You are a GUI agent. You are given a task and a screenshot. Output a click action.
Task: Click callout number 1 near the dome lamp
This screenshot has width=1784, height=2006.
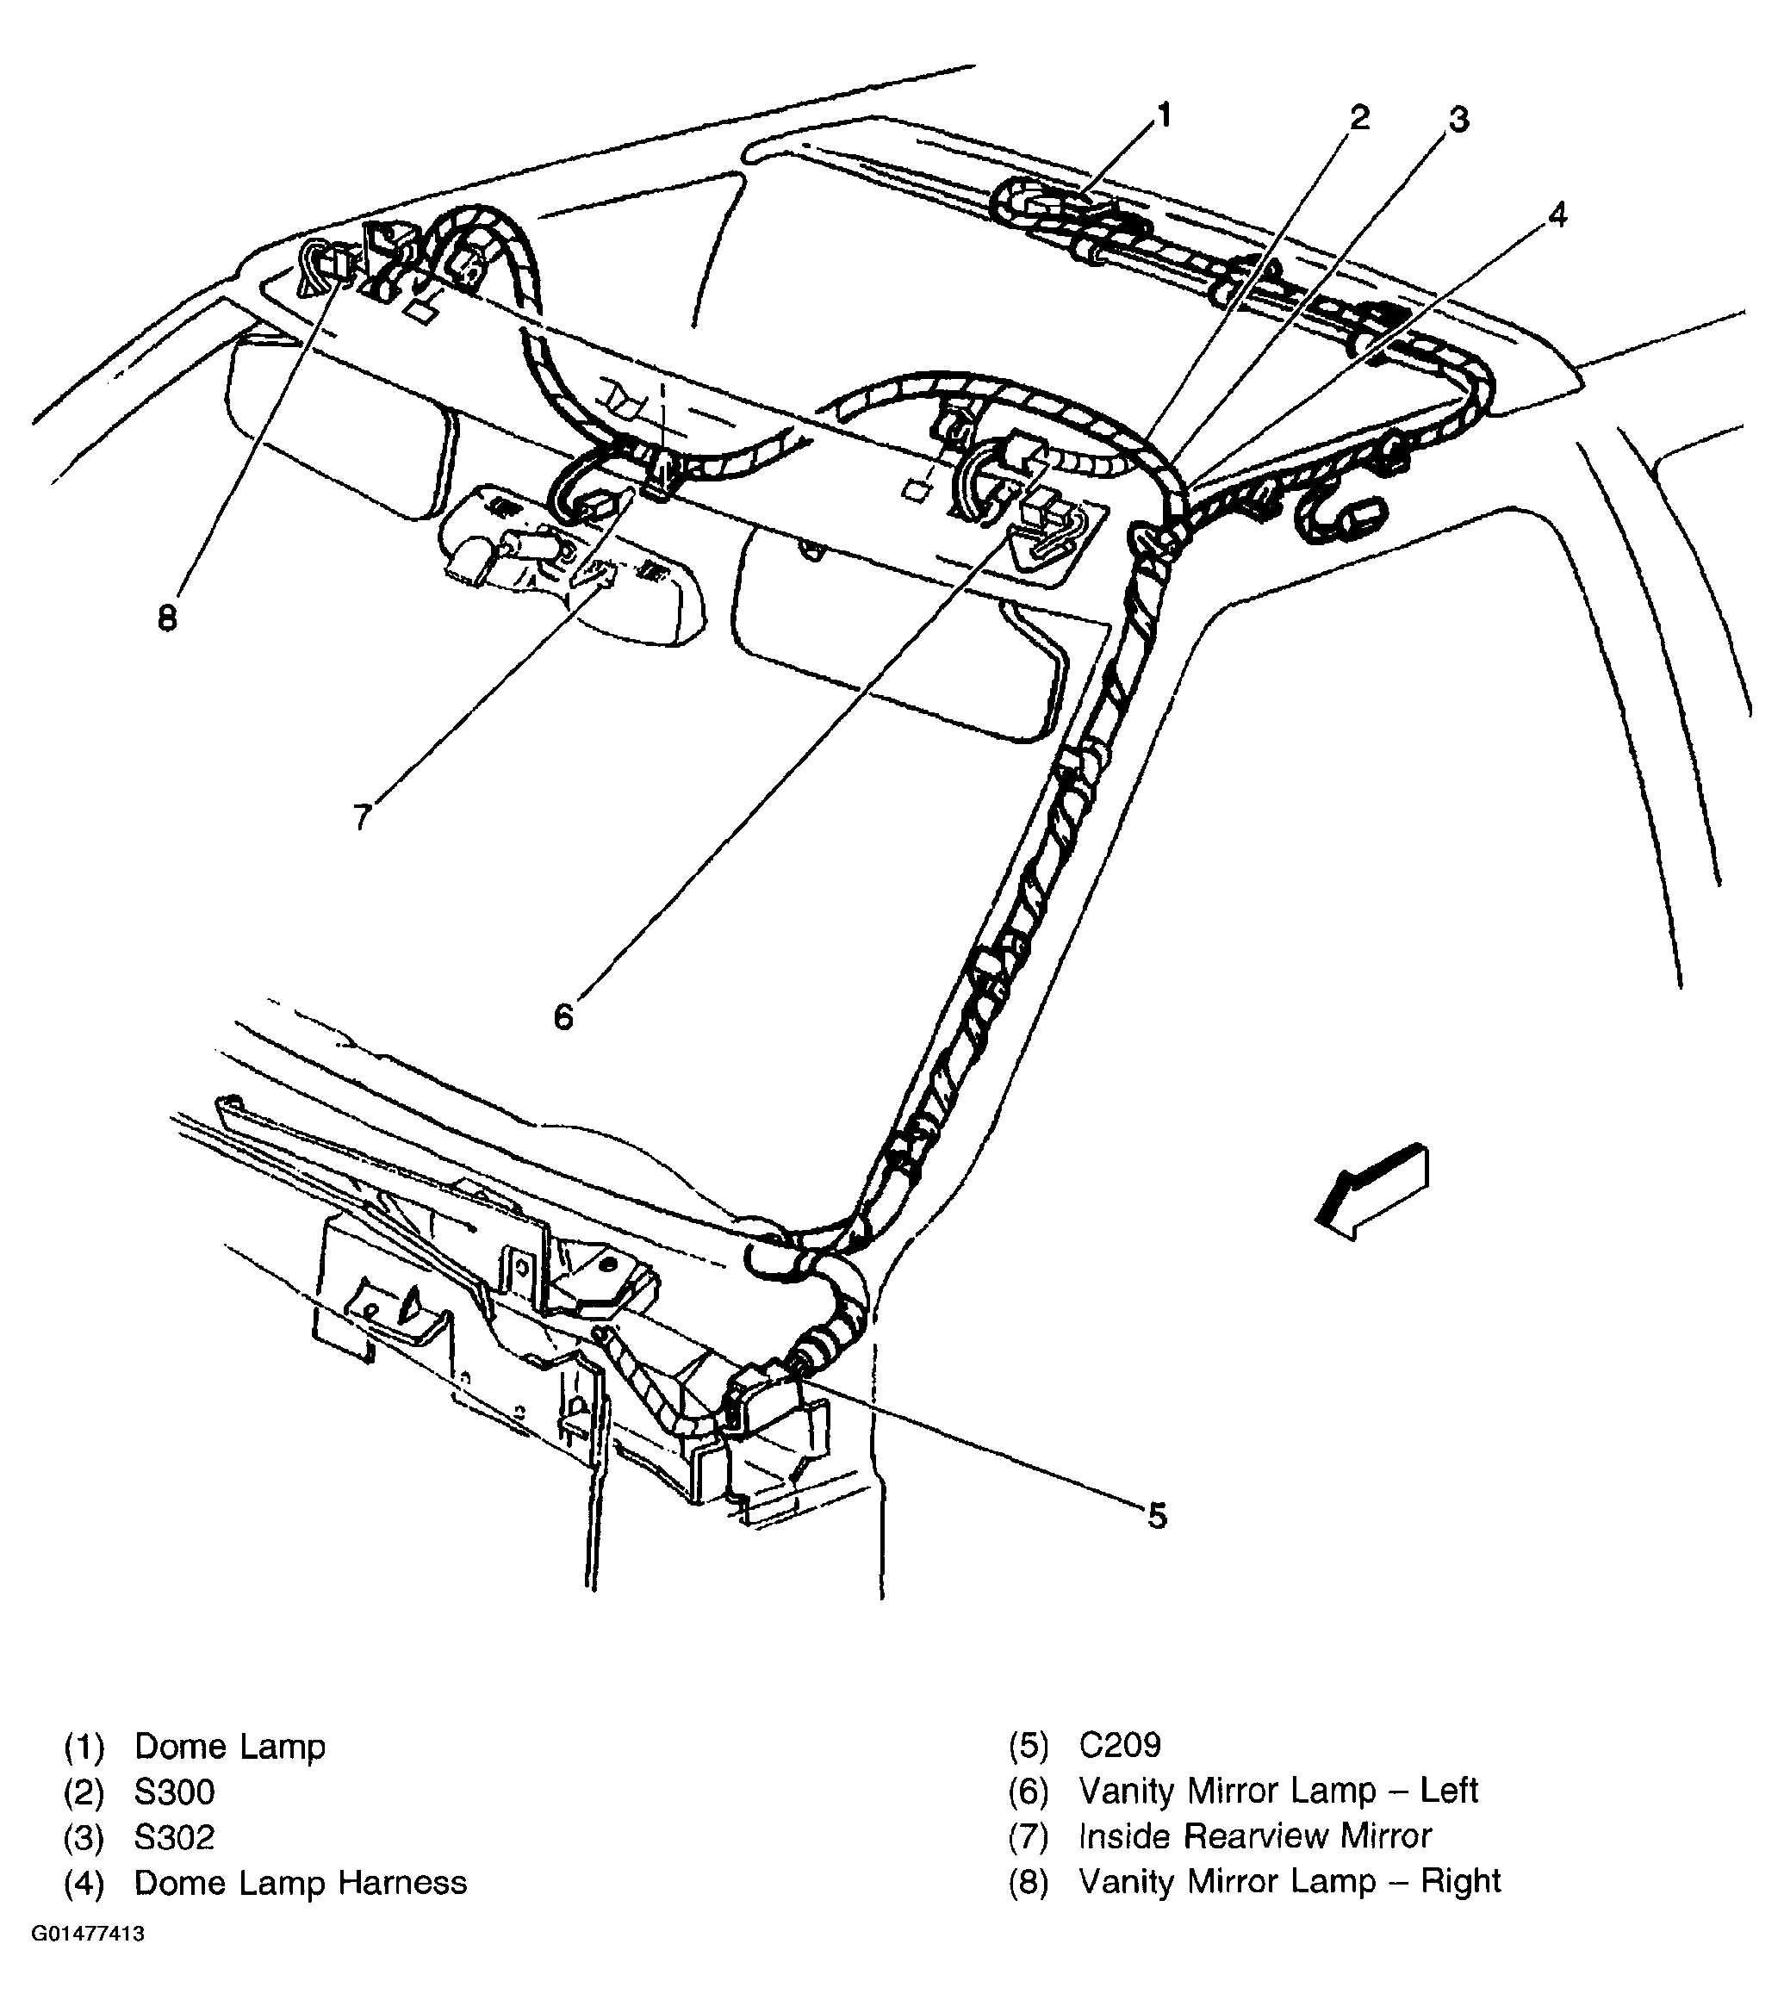point(1165,117)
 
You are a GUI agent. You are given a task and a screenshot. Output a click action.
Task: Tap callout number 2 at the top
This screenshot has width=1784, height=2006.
point(1359,118)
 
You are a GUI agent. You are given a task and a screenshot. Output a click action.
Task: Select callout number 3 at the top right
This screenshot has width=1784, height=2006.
point(1459,120)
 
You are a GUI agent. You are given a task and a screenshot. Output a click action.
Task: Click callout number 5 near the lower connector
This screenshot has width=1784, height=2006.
point(1158,1516)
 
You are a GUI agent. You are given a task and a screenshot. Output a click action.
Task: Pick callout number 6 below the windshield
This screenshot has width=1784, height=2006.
point(563,1016)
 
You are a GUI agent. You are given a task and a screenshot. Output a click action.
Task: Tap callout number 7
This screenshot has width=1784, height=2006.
point(362,816)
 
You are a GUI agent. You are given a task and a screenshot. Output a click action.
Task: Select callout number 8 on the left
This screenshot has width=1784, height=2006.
point(167,618)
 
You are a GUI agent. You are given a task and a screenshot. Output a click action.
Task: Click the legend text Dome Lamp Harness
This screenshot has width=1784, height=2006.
point(301,1881)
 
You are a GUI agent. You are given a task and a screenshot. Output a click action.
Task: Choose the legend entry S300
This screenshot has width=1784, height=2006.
point(174,1792)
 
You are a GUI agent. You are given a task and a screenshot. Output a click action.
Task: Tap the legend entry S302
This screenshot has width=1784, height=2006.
point(174,1837)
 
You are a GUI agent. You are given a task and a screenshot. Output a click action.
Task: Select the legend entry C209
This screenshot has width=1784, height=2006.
point(1120,1745)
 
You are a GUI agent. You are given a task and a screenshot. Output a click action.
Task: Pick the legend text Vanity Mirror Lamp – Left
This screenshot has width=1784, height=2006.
point(1277,1790)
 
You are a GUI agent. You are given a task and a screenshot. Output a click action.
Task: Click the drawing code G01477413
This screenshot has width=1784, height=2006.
point(89,1935)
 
